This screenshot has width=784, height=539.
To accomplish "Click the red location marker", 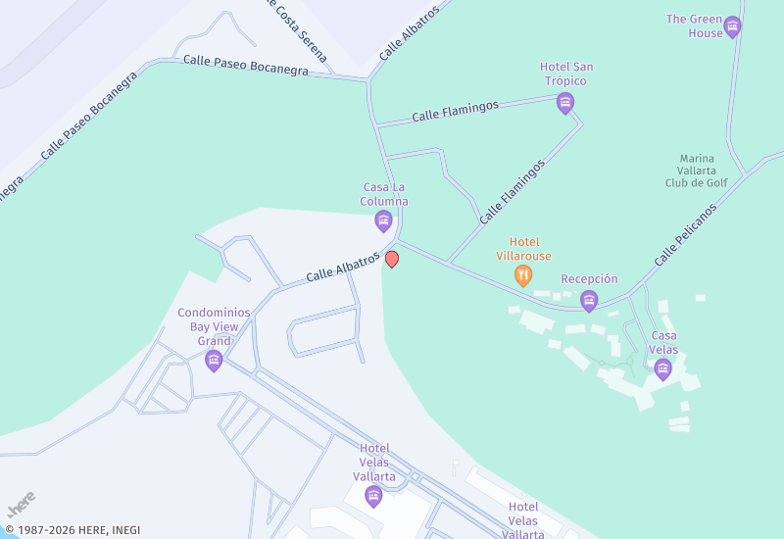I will (x=392, y=259).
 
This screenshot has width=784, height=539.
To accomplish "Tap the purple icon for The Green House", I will (x=732, y=26).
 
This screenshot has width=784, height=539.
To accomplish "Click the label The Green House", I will (x=693, y=25).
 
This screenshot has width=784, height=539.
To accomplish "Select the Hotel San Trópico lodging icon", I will (x=564, y=102).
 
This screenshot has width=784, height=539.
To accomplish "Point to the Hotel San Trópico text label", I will (x=565, y=73).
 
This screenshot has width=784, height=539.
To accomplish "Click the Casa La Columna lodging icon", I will (x=384, y=220).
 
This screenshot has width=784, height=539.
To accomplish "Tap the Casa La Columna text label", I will (x=383, y=194).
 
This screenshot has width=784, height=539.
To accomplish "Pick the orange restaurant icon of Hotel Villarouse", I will (x=524, y=276).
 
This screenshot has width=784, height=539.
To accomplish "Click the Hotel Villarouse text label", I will (x=523, y=249).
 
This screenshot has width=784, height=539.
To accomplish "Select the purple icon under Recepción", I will (x=589, y=300).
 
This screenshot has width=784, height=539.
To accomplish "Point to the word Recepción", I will (x=589, y=279).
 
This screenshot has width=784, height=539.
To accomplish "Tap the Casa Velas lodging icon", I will (x=663, y=368).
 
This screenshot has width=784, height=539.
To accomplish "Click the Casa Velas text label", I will (x=663, y=342).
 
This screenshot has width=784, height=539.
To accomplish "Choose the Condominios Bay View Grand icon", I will (x=214, y=362).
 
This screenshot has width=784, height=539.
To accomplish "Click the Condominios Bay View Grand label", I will (x=214, y=326).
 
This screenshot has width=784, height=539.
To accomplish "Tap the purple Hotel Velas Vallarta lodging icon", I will (x=373, y=497).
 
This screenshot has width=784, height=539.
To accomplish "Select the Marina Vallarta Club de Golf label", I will (x=697, y=170).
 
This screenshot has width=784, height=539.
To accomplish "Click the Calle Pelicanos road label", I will (x=685, y=234).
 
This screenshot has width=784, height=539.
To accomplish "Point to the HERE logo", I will (x=21, y=504).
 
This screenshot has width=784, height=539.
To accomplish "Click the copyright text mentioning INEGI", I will (x=73, y=530).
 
